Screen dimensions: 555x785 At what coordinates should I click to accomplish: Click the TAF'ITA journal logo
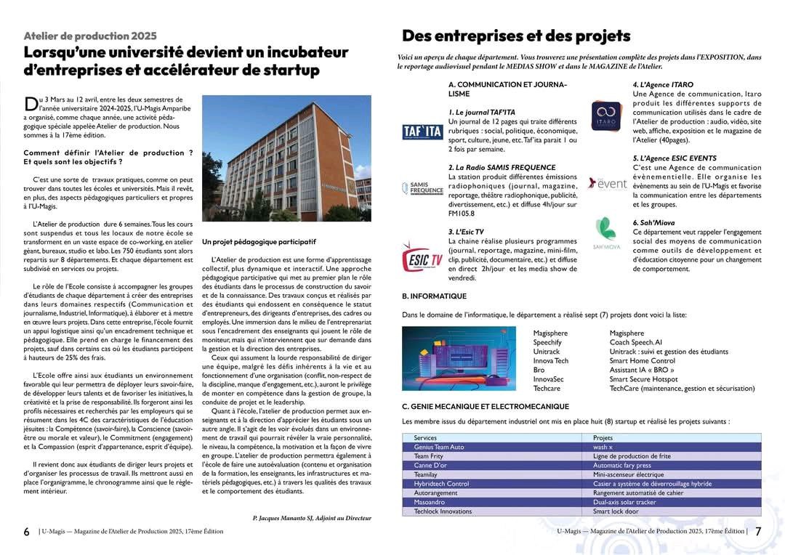point(422,131)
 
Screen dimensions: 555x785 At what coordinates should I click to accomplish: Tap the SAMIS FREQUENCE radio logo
point(422,189)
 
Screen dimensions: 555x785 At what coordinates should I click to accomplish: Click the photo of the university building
point(286,158)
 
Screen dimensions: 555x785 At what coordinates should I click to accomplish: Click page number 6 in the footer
point(27,532)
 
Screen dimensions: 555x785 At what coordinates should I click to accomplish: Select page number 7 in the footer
point(758,532)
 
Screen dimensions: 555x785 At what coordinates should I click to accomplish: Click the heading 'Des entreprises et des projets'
point(516,36)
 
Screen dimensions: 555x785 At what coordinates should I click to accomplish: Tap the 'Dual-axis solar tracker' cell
point(624,502)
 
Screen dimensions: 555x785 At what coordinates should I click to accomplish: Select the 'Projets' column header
point(603,438)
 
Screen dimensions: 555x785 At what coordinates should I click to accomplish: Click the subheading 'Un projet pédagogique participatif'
point(259,241)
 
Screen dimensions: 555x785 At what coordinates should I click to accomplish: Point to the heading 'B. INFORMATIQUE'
point(434,296)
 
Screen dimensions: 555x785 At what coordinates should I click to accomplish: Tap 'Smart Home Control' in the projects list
point(642,361)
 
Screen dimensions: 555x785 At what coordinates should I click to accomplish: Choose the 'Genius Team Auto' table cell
point(438,447)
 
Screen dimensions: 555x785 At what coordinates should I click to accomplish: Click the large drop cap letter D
point(31,104)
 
